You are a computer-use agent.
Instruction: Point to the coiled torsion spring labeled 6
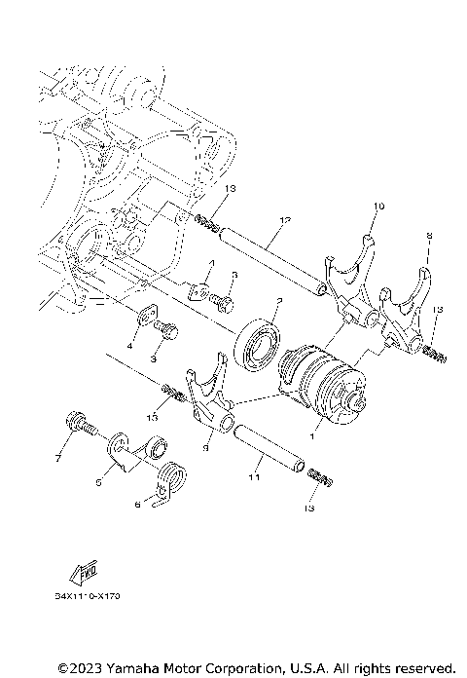click(172, 480)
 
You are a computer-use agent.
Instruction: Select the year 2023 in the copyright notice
click(83, 667)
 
